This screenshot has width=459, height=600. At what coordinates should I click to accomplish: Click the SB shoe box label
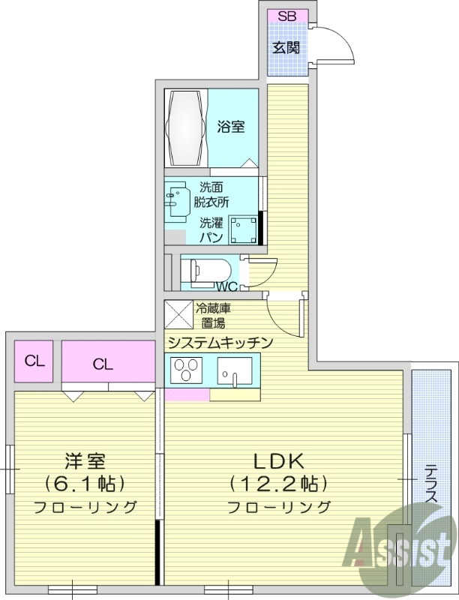[286, 16]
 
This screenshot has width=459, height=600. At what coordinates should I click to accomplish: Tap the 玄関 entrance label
[286, 48]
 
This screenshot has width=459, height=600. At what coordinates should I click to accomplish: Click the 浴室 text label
[231, 127]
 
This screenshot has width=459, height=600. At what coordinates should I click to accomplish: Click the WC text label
[226, 286]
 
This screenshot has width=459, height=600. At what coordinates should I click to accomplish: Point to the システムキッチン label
[219, 342]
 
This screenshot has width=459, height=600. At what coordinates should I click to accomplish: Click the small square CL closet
[34, 361]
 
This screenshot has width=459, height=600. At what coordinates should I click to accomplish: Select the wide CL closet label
[103, 364]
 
